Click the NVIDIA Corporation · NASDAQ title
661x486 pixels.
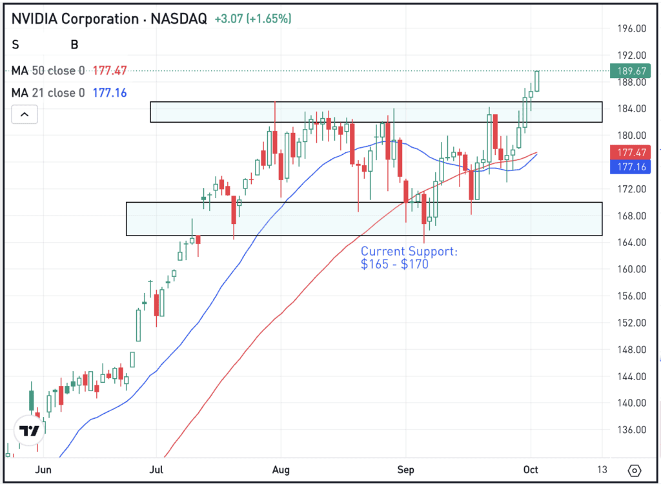(x=109, y=19)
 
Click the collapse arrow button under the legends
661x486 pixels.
(x=25, y=115)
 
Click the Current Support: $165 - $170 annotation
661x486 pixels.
(x=409, y=257)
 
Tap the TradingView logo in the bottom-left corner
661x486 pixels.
(x=29, y=431)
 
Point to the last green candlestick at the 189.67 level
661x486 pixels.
(x=538, y=81)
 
